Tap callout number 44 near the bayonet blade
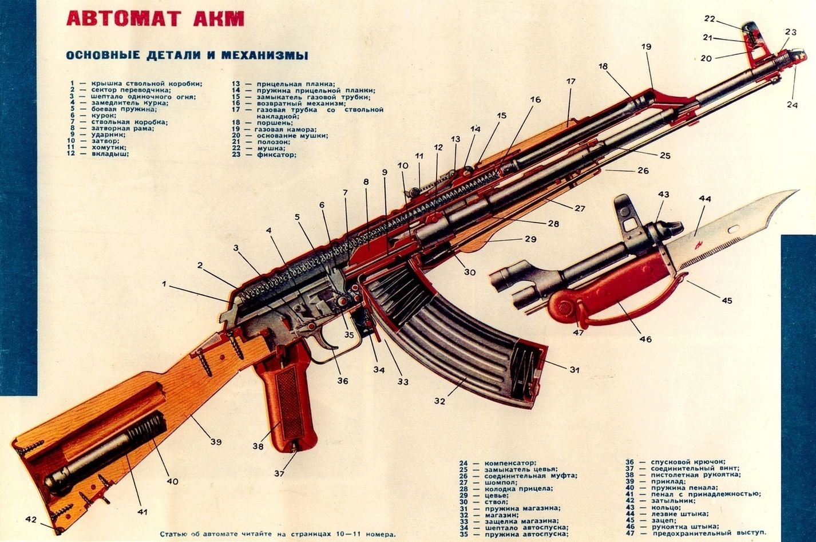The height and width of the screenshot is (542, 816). coord(704,199)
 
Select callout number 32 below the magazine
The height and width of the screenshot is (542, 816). coord(439,401)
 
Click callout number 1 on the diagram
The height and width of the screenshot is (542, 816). coord(164,283)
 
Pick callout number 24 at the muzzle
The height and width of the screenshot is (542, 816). coord(791,104)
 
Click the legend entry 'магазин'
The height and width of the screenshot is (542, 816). coord(502,515)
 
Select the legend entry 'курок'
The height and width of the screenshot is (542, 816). coord(104,116)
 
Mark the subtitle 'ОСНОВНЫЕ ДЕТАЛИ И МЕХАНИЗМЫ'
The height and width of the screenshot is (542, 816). coord(187,56)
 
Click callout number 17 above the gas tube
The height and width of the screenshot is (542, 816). coord(571,82)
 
